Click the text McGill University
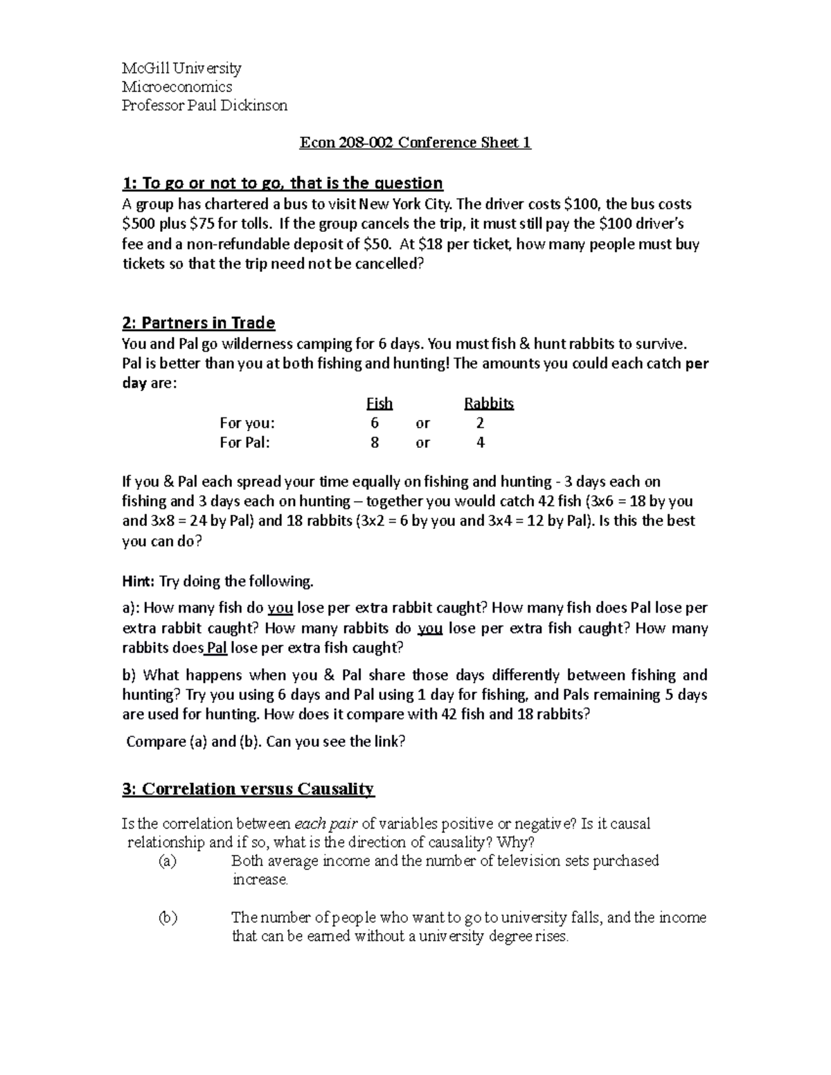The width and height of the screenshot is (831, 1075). pos(181,68)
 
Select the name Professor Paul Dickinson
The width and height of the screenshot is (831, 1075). pos(204,105)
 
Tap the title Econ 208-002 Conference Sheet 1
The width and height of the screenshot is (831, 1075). pos(415,143)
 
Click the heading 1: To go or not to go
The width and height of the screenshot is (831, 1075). pos(282,183)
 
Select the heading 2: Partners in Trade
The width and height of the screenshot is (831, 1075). pos(198,323)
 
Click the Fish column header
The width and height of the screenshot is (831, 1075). pos(379,404)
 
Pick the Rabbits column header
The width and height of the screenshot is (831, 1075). pos(488,404)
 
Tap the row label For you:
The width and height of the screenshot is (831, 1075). pos(247,423)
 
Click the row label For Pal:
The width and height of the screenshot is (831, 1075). pos(244,442)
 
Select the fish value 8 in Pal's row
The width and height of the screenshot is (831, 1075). pos(375,442)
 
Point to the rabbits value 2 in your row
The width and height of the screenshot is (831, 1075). pos(481,423)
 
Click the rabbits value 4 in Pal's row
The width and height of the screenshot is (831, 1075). pos(481,442)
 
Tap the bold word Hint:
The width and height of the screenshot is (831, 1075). pos(139,581)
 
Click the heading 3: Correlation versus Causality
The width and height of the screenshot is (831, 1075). pos(247,788)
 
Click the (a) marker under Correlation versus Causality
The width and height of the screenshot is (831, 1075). pos(167,861)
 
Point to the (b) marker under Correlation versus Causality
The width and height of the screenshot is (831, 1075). pos(167,918)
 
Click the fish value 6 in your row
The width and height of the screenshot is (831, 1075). pos(375,423)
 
